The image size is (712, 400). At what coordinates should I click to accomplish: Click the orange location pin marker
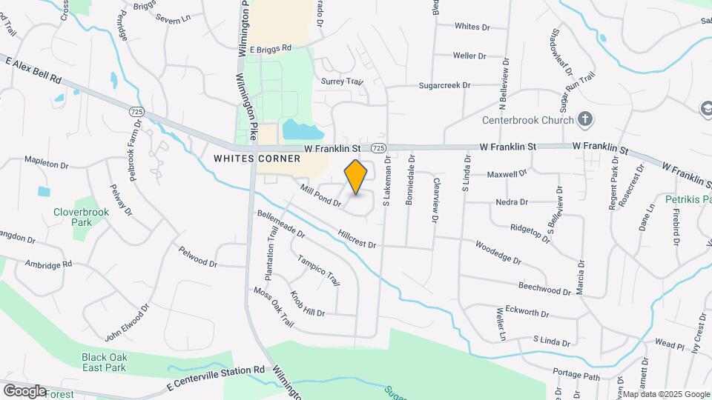[356, 176]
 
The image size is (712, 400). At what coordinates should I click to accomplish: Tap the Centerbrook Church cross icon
[585, 119]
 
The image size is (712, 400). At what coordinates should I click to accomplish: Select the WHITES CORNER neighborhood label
[257, 159]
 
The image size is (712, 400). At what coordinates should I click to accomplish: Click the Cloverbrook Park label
[81, 216]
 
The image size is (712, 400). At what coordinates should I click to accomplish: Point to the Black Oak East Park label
[105, 361]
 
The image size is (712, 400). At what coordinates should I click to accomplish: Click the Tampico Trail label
[319, 270]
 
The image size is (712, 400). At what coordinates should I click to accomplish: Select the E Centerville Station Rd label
[216, 378]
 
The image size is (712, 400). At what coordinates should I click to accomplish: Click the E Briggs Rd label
[271, 48]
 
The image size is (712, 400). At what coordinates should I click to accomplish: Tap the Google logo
[24, 391]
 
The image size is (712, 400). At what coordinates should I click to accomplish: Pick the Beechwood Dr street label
[544, 287]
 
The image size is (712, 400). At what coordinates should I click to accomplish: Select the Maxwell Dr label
[507, 175]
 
